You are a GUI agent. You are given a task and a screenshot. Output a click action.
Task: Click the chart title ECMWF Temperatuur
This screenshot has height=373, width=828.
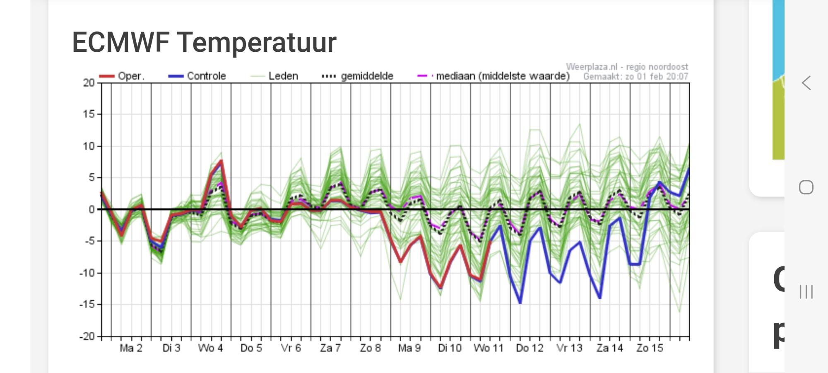204,43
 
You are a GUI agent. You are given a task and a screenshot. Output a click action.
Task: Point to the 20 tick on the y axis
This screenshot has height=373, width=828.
89,83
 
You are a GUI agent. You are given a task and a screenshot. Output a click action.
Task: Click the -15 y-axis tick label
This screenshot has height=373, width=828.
87,304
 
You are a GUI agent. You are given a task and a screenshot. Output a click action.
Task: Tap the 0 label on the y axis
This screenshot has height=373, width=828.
91,210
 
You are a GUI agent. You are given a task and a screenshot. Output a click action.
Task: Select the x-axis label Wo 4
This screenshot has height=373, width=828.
210,348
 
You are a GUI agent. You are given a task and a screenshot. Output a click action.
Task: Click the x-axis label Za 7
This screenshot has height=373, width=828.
330,348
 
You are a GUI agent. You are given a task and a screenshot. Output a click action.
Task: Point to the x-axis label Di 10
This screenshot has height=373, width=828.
450,348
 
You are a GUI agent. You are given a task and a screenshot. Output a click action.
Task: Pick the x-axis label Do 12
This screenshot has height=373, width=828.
530,348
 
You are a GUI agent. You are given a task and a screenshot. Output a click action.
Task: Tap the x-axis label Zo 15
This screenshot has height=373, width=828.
650,348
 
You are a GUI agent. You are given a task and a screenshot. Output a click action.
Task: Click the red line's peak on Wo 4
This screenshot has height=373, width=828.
221,161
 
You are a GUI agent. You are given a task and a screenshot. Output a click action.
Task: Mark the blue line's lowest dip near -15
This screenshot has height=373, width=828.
520,303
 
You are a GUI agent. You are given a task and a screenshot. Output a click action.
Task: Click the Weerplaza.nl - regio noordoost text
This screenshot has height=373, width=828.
627,67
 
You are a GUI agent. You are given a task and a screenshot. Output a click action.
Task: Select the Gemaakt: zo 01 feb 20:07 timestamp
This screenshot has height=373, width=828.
635,77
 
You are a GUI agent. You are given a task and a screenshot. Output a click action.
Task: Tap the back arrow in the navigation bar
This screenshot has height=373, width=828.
806,83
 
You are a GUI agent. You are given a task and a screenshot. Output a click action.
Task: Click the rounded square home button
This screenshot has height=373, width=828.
806,187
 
